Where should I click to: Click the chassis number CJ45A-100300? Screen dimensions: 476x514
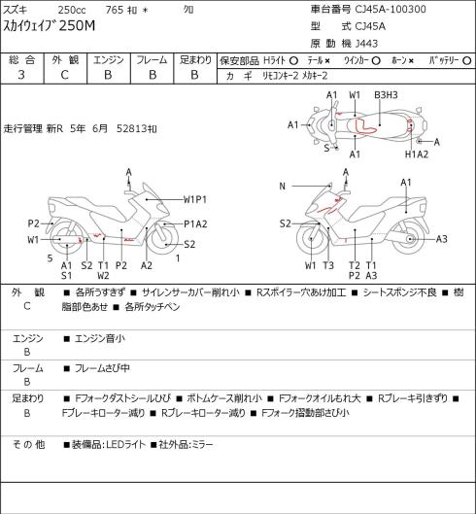[391, 9]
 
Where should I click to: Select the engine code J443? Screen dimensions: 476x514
[366, 44]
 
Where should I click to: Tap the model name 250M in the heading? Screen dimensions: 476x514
[78, 25]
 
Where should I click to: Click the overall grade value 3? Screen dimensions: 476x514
[21, 75]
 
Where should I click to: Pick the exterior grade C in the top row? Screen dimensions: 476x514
[64, 75]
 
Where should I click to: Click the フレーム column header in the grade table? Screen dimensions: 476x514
[152, 60]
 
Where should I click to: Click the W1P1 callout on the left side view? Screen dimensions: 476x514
[194, 199]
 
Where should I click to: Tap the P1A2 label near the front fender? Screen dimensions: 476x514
[195, 223]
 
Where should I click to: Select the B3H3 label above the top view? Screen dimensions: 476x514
[386, 95]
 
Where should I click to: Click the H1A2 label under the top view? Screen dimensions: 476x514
[417, 154]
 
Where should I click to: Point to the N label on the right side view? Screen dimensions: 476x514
[283, 187]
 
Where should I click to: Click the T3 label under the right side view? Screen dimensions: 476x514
[328, 265]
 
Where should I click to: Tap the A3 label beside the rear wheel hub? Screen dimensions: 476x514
[442, 239]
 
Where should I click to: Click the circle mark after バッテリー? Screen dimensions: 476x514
[467, 60]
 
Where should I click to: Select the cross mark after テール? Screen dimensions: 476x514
[327, 60]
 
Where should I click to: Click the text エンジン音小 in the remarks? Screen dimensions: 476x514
[100, 338]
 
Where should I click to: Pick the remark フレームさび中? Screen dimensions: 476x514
[102, 368]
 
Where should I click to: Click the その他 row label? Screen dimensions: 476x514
[28, 444]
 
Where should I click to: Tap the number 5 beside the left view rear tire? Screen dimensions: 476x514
[50, 258]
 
